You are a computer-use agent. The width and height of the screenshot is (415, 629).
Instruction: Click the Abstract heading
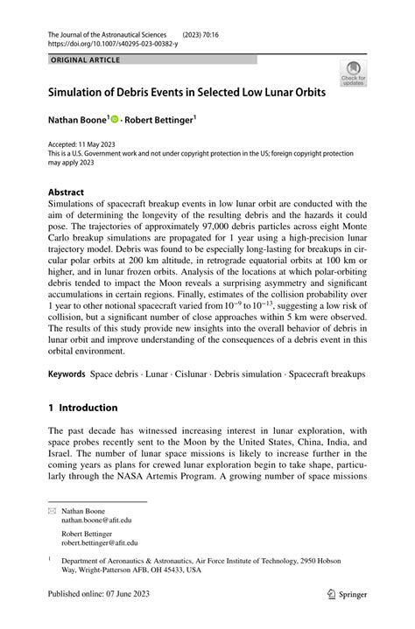tap(66, 192)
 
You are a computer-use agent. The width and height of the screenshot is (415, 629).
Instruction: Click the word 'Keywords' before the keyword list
tap(67, 374)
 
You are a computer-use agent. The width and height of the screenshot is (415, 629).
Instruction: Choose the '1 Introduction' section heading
tap(83, 407)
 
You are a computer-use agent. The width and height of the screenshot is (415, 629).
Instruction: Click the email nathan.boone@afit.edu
tap(95, 519)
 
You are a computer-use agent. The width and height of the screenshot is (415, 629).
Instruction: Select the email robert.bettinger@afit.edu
tap(98, 542)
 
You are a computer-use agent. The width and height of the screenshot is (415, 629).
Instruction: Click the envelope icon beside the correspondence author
tap(52, 510)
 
